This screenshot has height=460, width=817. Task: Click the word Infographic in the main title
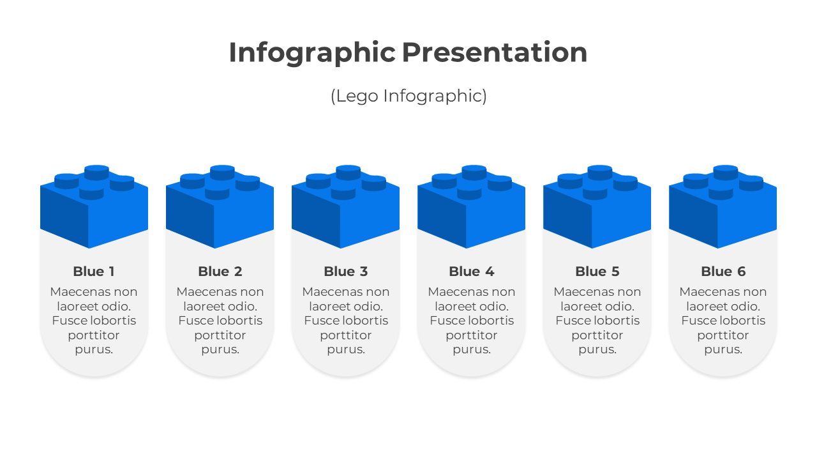[x=312, y=53]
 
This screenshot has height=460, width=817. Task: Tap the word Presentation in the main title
[x=495, y=52]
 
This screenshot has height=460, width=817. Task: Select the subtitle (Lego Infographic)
[x=408, y=96]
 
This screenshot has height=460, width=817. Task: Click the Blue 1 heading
[x=94, y=272]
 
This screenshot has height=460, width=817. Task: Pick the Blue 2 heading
[x=220, y=272]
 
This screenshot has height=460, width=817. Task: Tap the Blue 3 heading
[x=346, y=272]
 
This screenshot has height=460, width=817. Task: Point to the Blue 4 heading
[x=472, y=272]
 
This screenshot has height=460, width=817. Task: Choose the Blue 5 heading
[x=597, y=272]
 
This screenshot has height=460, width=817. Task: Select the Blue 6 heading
[x=723, y=272]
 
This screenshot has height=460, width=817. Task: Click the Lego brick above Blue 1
[x=94, y=206]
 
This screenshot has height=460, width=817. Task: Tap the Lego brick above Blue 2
[x=220, y=206]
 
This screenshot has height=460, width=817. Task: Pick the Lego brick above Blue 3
[x=345, y=206]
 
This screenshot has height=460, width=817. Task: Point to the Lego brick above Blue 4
[x=471, y=206]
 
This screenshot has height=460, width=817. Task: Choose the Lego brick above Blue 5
[x=597, y=206]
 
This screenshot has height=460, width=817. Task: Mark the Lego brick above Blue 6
[x=723, y=206]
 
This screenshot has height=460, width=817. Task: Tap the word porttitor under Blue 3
[x=346, y=335]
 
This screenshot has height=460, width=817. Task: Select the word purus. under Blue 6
[x=723, y=349]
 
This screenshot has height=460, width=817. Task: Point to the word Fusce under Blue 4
[x=446, y=321]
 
